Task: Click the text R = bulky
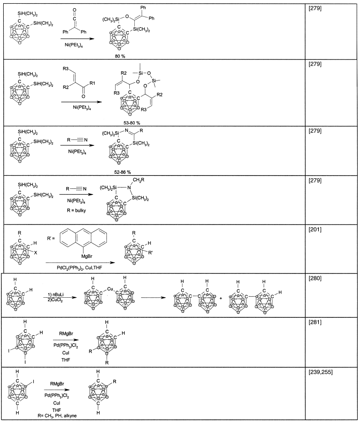(x=74, y=212)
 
